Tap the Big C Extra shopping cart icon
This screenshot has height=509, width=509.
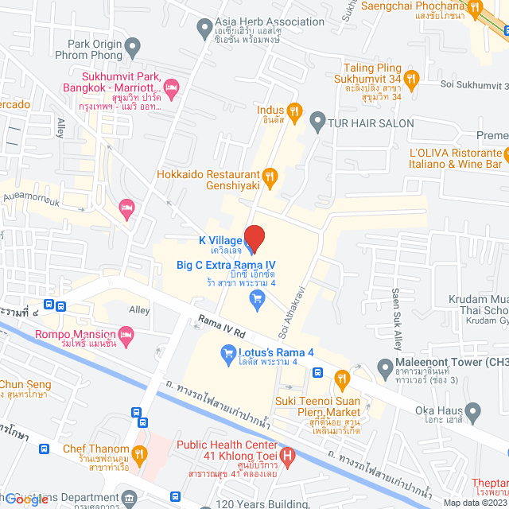click(257, 299)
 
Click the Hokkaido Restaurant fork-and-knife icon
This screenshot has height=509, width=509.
click(270, 176)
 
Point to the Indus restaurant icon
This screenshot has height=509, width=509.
click(294, 111)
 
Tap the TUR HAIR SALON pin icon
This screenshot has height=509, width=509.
click(317, 123)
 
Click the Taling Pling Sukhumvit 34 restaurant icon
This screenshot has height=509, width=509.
click(411, 78)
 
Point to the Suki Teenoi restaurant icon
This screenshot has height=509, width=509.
click(343, 378)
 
